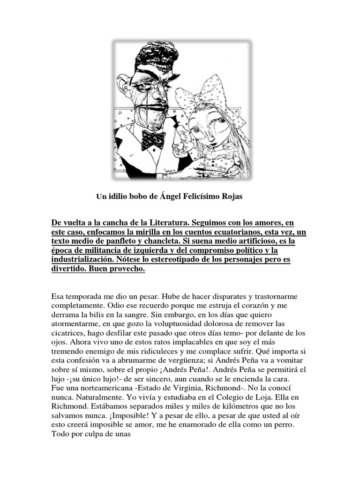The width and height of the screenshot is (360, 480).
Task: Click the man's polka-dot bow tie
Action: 153,139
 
